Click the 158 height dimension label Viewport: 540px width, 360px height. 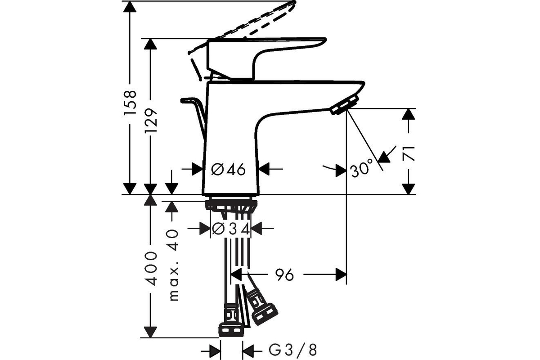point(130,103)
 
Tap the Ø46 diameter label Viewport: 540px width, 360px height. point(228,169)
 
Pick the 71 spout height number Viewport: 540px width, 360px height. point(409,153)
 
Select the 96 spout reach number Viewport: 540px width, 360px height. point(285,275)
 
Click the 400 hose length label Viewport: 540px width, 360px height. point(151,269)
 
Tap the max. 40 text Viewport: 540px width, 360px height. point(174,265)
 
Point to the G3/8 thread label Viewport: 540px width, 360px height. point(292,350)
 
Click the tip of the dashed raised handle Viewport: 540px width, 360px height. point(294,2)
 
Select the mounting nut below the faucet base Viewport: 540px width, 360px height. point(231,205)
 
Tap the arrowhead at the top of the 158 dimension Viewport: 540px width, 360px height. point(130,6)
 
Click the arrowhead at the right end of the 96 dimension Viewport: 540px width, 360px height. point(341,274)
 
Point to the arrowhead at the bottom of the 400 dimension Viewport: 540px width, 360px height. point(150,332)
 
